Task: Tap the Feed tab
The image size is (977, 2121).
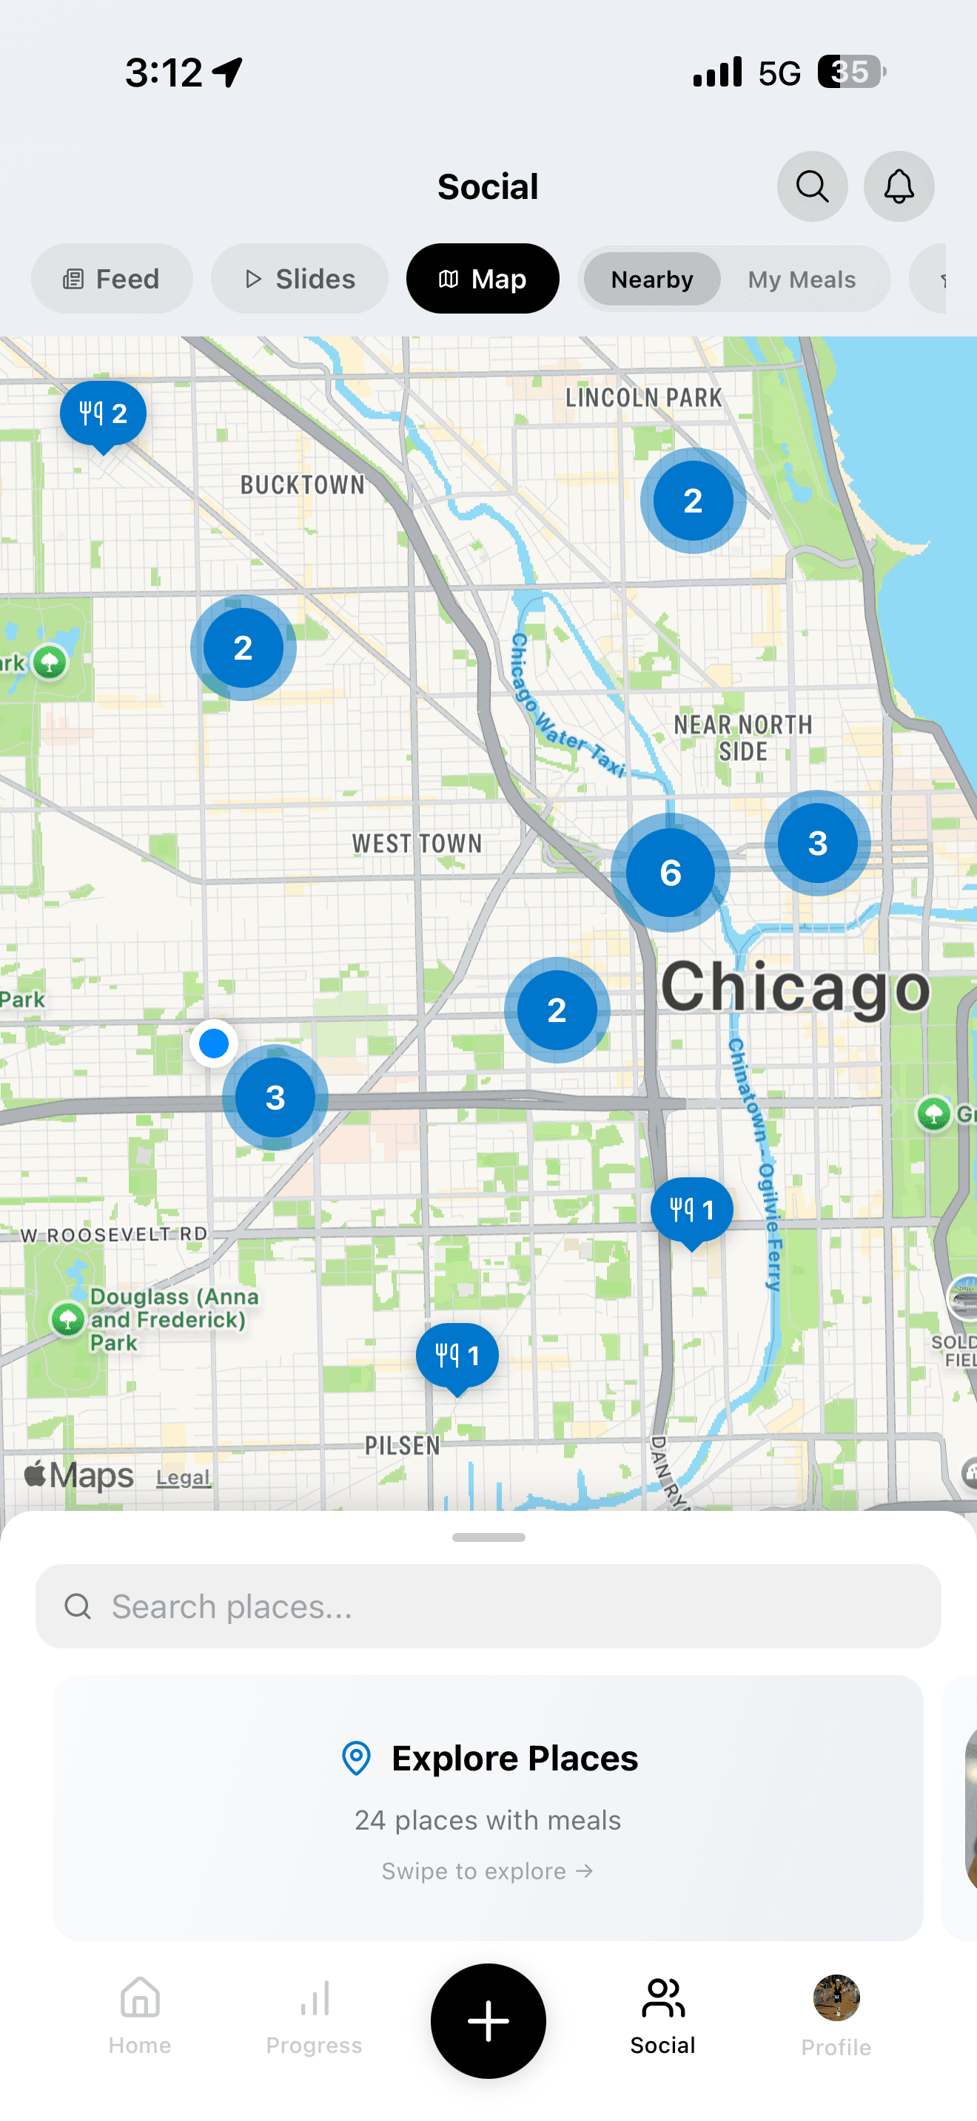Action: pyautogui.click(x=112, y=279)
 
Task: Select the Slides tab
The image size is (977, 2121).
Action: pyautogui.click(x=300, y=279)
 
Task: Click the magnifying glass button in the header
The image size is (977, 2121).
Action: pyautogui.click(x=812, y=187)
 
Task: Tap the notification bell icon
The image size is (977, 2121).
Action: pyautogui.click(x=899, y=187)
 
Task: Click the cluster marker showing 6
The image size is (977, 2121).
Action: pyautogui.click(x=671, y=873)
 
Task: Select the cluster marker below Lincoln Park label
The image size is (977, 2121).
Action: pyautogui.click(x=693, y=501)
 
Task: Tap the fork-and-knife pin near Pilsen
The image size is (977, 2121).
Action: pyautogui.click(x=457, y=1356)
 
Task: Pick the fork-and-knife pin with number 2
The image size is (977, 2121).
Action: pyautogui.click(x=103, y=413)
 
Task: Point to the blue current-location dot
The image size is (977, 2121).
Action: pyautogui.click(x=214, y=1043)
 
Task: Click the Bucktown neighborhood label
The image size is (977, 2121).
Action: pyautogui.click(x=302, y=485)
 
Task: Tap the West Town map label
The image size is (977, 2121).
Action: pyautogui.click(x=417, y=844)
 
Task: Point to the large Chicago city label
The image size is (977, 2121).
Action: pyautogui.click(x=795, y=987)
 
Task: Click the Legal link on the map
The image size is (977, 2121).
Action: pyautogui.click(x=183, y=1478)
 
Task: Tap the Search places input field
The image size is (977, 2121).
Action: pyautogui.click(x=488, y=1606)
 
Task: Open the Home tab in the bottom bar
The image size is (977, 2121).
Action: pyautogui.click(x=140, y=2014)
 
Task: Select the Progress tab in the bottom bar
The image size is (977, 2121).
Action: pyautogui.click(x=314, y=2014)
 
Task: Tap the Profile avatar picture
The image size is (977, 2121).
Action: pyautogui.click(x=836, y=1997)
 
